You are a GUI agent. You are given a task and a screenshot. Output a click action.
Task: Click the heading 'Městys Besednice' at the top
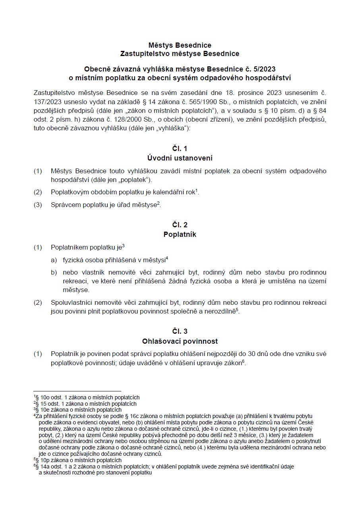pos(180,45)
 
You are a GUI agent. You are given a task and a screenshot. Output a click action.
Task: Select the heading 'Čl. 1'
pos(180,149)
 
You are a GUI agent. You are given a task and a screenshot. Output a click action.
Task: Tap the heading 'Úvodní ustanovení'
pos(180,158)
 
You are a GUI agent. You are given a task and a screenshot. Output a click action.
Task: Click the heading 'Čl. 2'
pos(180,225)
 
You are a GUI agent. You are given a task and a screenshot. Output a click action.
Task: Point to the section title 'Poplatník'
pos(180,234)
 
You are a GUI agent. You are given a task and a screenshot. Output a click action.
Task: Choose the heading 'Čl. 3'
pos(180,331)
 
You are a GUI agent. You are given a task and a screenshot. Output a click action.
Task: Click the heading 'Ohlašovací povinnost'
pos(180,341)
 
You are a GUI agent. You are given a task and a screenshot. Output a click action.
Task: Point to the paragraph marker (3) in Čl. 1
pos(38,205)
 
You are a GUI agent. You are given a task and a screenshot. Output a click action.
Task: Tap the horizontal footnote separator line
pos(77,391)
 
